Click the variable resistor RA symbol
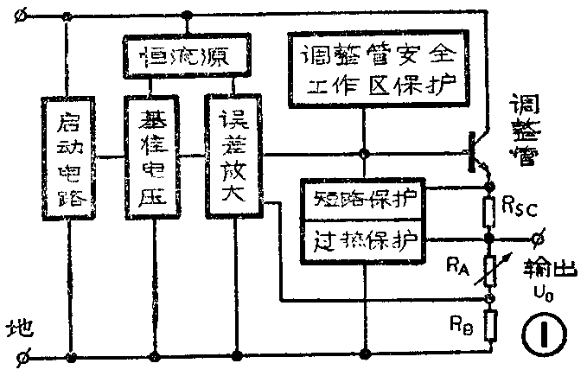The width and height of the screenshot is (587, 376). (488, 267)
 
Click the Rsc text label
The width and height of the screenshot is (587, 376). (521, 207)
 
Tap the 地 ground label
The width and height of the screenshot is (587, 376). (19, 328)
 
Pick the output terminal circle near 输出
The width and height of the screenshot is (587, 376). (540, 236)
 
